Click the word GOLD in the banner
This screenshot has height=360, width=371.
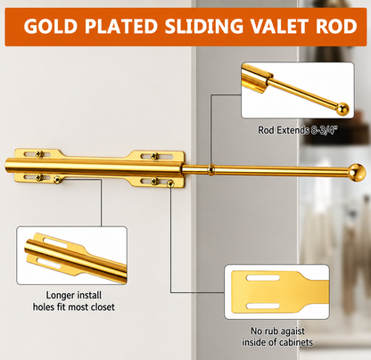point(51,26)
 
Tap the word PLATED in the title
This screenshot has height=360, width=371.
point(121,26)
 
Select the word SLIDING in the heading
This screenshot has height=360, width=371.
point(204,26)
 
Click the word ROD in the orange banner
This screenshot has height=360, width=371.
point(336,26)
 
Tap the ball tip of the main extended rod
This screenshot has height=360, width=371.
point(357,172)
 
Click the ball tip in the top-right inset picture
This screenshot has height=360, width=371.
point(342,109)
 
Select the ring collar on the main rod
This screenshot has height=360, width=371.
point(210,169)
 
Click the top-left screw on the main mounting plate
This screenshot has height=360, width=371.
point(40,154)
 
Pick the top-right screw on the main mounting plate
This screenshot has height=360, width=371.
point(154,156)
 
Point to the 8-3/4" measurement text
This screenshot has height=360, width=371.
point(325,130)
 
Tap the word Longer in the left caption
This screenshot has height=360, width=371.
point(59,295)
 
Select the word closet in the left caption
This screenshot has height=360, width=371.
point(103,307)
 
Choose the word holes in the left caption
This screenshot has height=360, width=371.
point(44,307)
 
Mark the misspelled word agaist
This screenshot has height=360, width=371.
point(293,331)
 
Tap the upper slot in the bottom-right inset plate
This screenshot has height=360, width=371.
point(262,278)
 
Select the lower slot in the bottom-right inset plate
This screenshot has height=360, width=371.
point(263,306)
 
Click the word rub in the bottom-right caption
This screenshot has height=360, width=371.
point(272,331)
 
